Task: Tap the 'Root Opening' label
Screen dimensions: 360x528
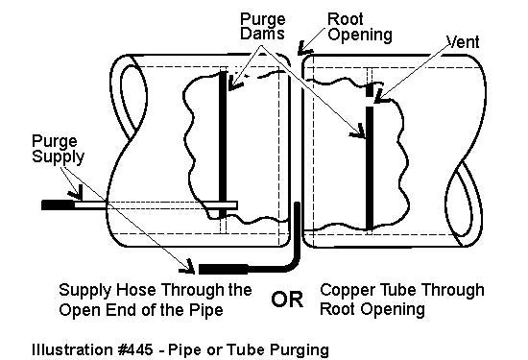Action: (x=359, y=26)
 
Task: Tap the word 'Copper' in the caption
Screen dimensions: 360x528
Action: (x=344, y=290)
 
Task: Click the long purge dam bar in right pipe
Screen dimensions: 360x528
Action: (x=371, y=168)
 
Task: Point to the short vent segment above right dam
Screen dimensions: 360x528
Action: (x=371, y=91)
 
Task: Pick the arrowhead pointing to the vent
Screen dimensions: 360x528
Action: (x=381, y=93)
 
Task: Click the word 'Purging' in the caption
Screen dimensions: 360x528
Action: (x=300, y=348)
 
